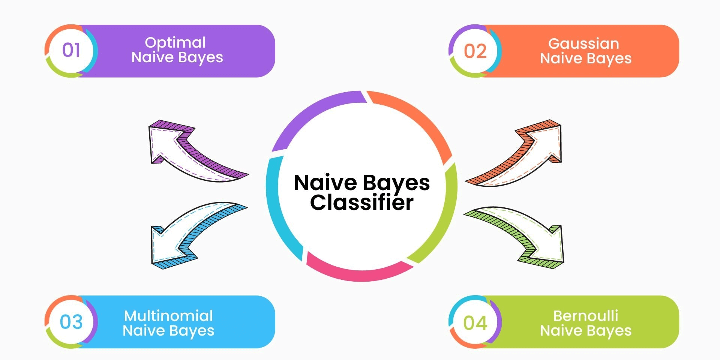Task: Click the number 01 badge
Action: [71, 50]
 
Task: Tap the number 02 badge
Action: [475, 51]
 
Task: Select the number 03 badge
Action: [71, 322]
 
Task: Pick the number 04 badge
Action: [475, 322]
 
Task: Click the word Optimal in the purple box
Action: [175, 43]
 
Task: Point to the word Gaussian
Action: [583, 44]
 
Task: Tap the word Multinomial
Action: [168, 316]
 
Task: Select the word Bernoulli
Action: [585, 316]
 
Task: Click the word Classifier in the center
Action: [361, 203]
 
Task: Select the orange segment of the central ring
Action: [416, 116]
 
